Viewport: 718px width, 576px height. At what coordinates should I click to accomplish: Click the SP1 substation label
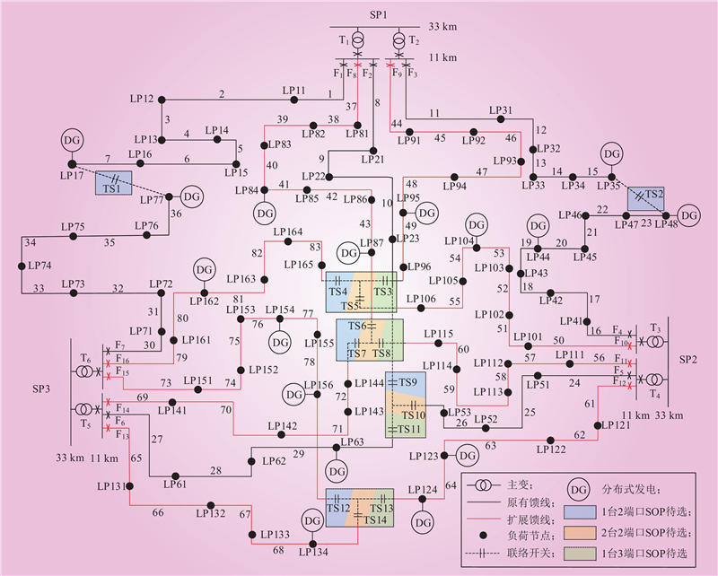pyautogui.click(x=379, y=14)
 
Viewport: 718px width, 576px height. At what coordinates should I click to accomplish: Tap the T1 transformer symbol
pyautogui.click(x=357, y=41)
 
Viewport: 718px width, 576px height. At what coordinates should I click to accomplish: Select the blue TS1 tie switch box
pyautogui.click(x=114, y=183)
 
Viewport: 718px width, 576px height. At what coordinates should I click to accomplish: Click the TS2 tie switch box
pyautogui.click(x=645, y=198)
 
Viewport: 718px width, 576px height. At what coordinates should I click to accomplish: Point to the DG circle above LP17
pyautogui.click(x=72, y=140)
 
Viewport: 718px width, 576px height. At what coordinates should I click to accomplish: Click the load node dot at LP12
pyautogui.click(x=161, y=100)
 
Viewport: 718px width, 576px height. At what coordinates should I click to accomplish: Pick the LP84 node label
pyautogui.click(x=247, y=190)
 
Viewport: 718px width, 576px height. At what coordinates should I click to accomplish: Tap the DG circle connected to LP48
pyautogui.click(x=688, y=215)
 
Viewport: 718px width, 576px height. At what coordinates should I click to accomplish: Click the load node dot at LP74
pyautogui.click(x=21, y=266)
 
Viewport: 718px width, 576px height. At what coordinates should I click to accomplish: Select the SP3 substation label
pyautogui.click(x=41, y=388)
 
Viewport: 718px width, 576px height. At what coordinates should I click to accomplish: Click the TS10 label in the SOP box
pyautogui.click(x=414, y=415)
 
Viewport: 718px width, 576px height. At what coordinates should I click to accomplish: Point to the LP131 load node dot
pyautogui.click(x=129, y=485)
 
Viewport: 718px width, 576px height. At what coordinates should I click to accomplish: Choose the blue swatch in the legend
pyautogui.click(x=580, y=512)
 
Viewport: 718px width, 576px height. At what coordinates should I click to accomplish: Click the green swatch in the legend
pyautogui.click(x=580, y=554)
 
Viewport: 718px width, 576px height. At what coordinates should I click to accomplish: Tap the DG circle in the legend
pyautogui.click(x=578, y=490)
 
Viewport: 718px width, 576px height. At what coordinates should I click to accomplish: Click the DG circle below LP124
pyautogui.click(x=422, y=522)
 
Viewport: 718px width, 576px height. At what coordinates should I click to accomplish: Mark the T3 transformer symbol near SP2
pyautogui.click(x=654, y=342)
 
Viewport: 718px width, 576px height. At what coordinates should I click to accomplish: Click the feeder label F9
pyautogui.click(x=397, y=73)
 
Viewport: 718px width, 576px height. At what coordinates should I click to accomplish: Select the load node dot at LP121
pyautogui.click(x=598, y=425)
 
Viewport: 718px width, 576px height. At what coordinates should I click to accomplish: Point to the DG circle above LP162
pyautogui.click(x=205, y=270)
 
